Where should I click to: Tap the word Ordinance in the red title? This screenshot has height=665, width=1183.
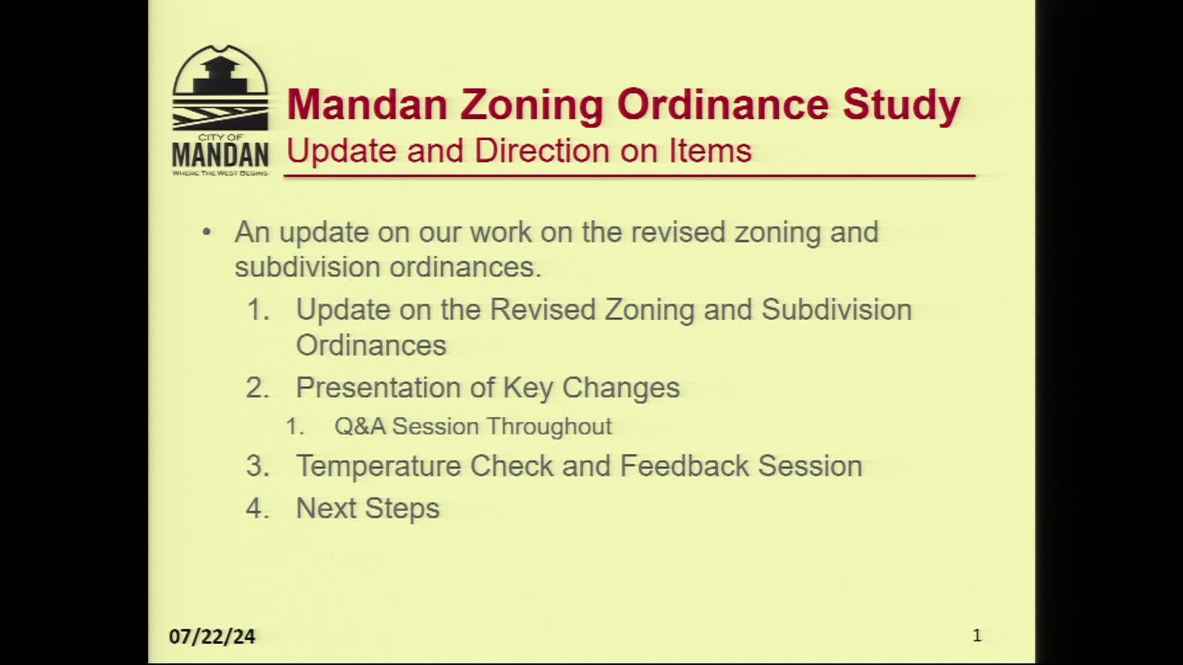coord(723,104)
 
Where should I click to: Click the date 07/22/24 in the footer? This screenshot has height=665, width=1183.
coord(212,637)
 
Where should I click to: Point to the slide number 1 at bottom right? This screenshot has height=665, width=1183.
coord(977,635)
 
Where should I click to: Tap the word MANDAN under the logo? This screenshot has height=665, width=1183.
coord(220,155)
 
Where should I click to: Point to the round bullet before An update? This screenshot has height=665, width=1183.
coord(207,233)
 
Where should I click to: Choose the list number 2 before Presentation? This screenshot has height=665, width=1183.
coord(258,388)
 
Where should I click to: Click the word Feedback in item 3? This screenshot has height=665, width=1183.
coord(685,466)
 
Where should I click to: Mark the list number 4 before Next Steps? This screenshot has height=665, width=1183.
coord(258,509)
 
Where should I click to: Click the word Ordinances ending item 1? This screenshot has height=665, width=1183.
coord(371,345)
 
